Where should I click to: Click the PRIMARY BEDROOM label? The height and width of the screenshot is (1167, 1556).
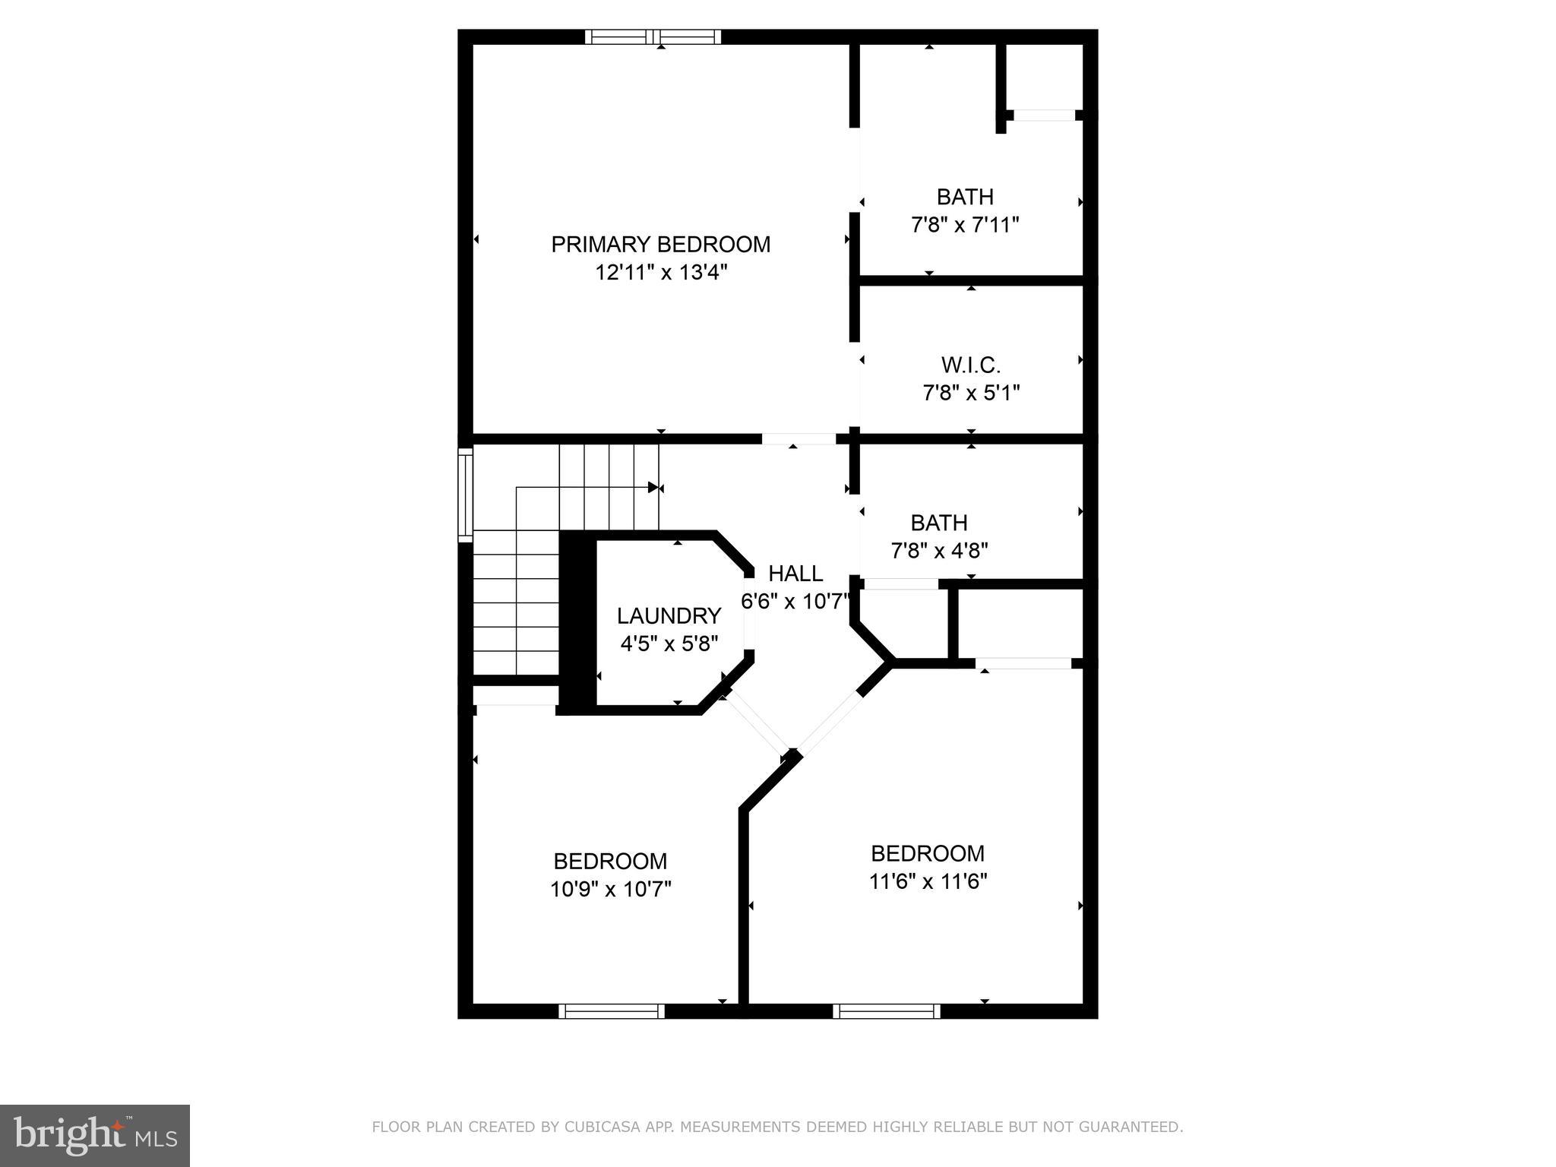coord(660,245)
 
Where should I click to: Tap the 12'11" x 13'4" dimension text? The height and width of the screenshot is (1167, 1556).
coord(661,273)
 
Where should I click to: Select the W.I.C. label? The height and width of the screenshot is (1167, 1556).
coord(970,365)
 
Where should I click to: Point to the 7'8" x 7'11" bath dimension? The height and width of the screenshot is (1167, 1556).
coord(964,226)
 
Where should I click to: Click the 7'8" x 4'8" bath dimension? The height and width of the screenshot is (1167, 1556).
coord(939,551)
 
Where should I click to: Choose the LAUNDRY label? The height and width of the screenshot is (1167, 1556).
coord(669,615)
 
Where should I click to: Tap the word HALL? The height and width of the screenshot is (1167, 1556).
coord(795,574)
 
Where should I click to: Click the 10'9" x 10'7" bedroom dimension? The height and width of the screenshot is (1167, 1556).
coord(611,889)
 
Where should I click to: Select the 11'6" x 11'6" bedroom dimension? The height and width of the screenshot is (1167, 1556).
coord(928,881)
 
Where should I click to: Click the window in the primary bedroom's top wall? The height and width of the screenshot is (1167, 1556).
coord(653,36)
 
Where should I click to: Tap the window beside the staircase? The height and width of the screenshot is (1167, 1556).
coord(465,495)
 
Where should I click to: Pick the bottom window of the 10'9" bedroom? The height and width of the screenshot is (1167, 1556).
coord(612,1011)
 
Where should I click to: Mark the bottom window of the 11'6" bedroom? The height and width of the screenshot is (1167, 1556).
coord(886,1011)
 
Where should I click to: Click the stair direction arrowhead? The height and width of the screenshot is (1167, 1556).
coord(653,487)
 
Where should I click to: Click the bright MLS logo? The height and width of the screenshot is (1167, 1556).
coord(95,1135)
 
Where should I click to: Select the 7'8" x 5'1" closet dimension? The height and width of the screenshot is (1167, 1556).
coord(970,394)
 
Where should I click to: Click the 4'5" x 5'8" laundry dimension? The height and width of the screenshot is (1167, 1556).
coord(669,644)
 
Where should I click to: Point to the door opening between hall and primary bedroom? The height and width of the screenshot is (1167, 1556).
coord(798,438)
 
